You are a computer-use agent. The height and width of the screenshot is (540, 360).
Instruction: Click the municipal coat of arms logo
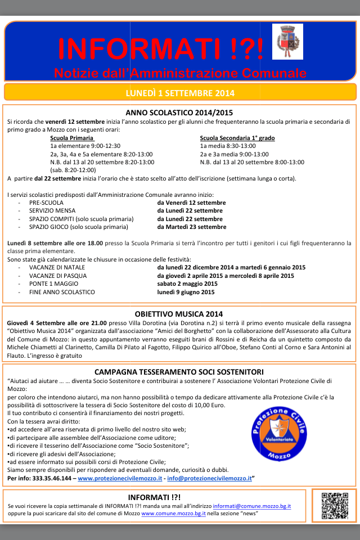tap(287, 41)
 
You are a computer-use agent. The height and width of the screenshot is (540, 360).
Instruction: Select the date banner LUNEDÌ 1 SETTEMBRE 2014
tap(180, 93)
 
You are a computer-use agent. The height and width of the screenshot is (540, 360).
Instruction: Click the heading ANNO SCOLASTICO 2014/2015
tap(179, 112)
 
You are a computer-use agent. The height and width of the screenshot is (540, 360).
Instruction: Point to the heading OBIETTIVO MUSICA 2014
tap(179, 314)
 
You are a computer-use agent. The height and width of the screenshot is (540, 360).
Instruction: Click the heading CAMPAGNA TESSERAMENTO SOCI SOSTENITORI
tap(179, 372)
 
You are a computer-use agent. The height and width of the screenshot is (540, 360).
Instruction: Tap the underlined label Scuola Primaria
tap(72, 138)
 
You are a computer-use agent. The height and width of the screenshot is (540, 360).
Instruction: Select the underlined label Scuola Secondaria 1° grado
tap(237, 138)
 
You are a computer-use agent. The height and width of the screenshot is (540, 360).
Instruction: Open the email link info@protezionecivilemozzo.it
tap(209, 478)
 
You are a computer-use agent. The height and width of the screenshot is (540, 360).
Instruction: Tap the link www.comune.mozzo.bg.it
tap(174, 514)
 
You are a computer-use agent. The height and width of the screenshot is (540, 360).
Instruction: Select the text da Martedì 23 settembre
tap(192, 227)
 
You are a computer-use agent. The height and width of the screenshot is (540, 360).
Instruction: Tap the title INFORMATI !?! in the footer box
tap(154, 497)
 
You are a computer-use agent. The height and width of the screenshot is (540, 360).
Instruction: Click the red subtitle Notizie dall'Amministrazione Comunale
tap(180, 73)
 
